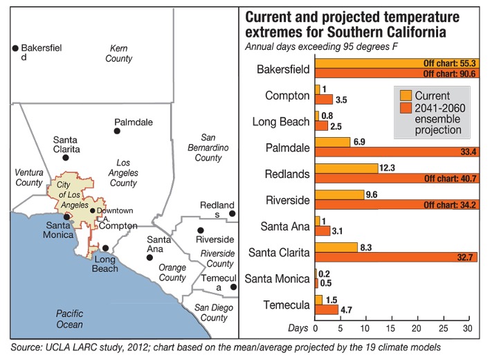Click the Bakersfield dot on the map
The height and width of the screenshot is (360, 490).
pyautogui.click(x=15, y=48)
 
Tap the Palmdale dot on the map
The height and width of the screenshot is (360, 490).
pyautogui.click(x=118, y=131)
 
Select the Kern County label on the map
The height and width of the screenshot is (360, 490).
pyautogui.click(x=118, y=53)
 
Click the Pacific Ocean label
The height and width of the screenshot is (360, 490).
pyautogui.click(x=70, y=319)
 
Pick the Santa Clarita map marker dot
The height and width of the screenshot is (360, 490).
pyautogui.click(x=66, y=158)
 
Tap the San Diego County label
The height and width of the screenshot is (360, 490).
pyautogui.click(x=212, y=313)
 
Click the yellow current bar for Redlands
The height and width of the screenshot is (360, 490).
pyautogui.click(x=347, y=168)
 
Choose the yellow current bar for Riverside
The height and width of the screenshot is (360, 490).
pyautogui.click(x=340, y=195)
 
